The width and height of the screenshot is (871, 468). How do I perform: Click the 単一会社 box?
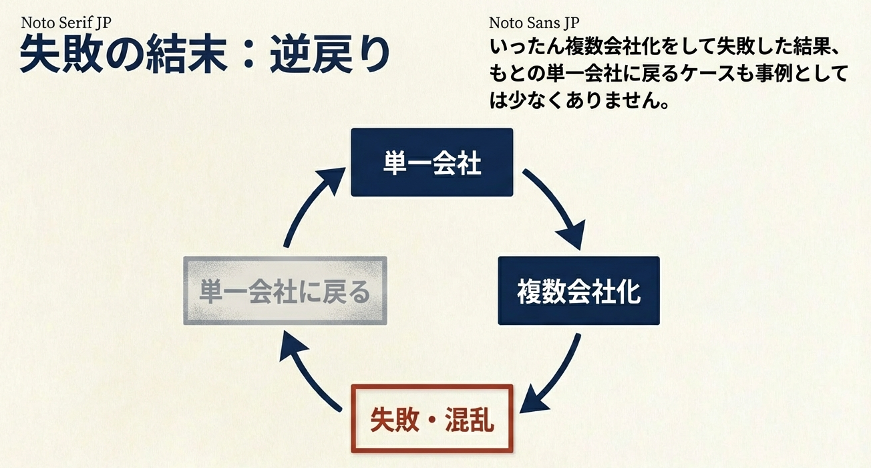432,162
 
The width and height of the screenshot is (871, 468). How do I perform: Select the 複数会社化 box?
578,291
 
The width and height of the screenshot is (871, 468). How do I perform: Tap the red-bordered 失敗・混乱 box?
432,419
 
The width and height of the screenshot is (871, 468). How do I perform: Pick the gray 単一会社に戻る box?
285,291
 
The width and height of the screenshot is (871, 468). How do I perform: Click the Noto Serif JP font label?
65,22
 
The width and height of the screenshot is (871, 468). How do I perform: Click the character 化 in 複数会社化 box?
629,291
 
